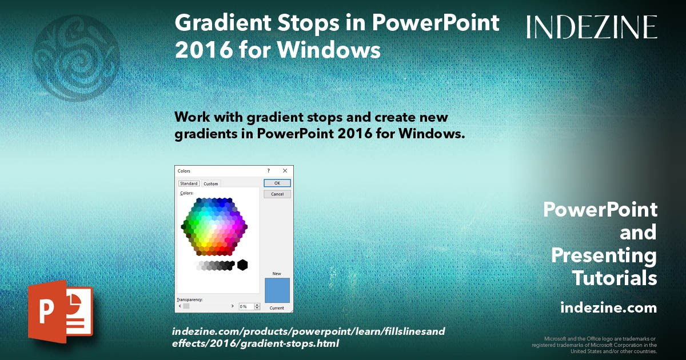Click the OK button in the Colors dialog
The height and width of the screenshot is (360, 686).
coord(277,183)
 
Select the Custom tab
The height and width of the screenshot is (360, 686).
coord(211,183)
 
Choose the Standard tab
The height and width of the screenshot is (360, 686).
coord(189,183)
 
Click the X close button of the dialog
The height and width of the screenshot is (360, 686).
coord(285,171)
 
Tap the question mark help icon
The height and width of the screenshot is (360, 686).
coord(269,171)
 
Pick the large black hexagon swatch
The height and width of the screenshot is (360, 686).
coord(242,265)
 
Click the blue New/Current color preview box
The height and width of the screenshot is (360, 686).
coord(277,290)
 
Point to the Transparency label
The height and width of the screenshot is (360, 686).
coord(190,299)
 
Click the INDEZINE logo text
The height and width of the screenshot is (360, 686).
coord(592,27)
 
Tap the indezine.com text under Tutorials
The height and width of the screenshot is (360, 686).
coord(608,308)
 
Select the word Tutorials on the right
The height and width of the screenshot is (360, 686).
coord(615,278)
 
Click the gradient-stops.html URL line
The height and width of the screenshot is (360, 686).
coord(256,343)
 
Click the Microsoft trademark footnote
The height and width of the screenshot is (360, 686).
coord(595,345)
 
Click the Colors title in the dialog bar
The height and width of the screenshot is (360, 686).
coord(184,171)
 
